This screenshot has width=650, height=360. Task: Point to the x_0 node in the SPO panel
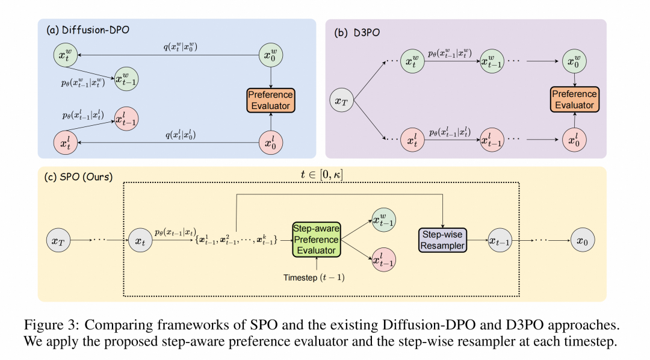[x=581, y=240]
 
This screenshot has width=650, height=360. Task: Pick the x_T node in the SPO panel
[x=58, y=240]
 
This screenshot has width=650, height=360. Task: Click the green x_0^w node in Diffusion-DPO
[x=270, y=57]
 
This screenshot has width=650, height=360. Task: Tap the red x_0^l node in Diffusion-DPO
[x=270, y=143]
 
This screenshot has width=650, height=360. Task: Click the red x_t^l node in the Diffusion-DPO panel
[x=65, y=143]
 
